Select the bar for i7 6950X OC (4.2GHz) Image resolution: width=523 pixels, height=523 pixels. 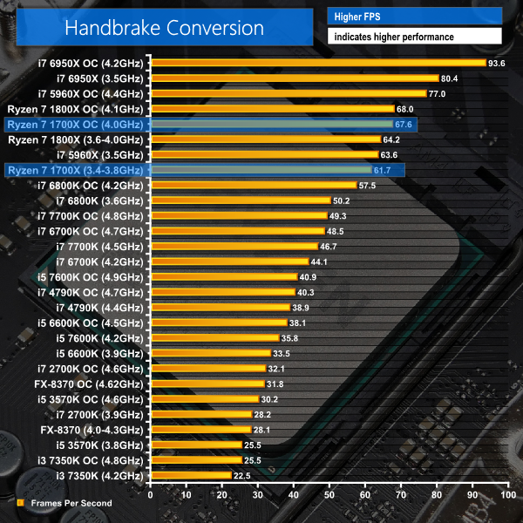point(318,63)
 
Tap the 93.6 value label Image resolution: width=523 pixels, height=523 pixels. point(497,63)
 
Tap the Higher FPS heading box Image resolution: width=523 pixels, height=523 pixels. point(415,15)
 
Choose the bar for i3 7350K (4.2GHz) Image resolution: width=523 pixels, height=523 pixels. point(191,475)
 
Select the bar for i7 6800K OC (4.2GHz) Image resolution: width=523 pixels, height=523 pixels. point(254,185)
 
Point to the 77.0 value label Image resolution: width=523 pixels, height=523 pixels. point(437,93)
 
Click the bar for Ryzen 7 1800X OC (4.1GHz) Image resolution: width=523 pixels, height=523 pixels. point(272,109)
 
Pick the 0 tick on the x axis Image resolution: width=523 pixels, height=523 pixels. point(151,494)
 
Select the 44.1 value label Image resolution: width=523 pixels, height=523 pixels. point(321,261)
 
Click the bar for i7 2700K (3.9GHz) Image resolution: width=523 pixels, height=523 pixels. point(201,414)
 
